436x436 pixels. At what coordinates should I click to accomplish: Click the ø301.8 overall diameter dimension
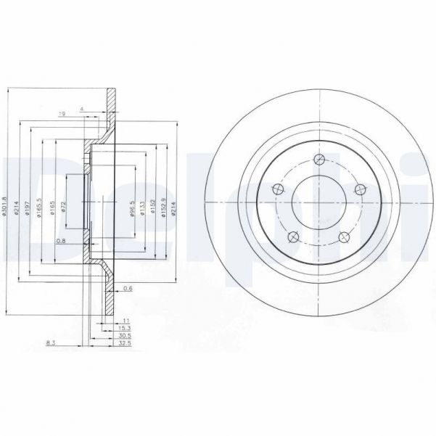5,201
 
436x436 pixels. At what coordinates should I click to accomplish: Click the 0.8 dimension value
61,240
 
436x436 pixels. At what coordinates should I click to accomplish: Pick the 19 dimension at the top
64,113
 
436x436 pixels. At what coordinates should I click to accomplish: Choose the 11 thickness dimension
125,320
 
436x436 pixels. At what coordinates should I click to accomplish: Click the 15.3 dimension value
125,329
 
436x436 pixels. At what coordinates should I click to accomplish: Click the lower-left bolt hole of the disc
292,236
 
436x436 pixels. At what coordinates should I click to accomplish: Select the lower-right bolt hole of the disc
343,236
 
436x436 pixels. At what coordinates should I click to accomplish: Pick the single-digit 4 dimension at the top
83,108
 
